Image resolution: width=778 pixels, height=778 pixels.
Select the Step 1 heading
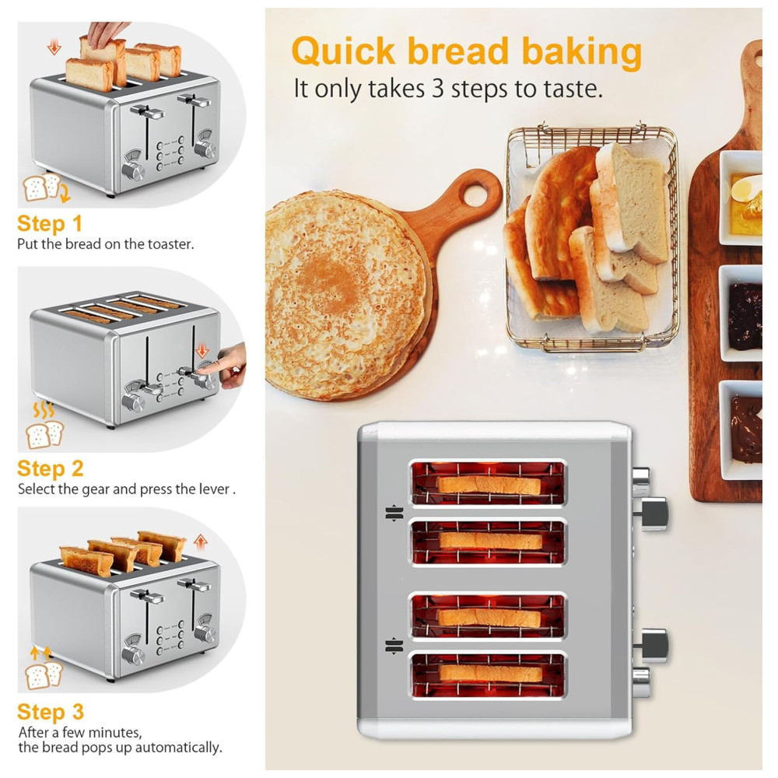pos(50,224)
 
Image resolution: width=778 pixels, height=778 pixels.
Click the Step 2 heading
pos(50,468)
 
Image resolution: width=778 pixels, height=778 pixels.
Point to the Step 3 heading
pos(50,712)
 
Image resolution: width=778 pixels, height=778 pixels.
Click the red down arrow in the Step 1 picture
pos(54,47)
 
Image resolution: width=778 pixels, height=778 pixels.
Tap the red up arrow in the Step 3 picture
pos(200,541)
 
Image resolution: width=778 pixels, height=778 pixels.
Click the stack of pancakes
pos(346,293)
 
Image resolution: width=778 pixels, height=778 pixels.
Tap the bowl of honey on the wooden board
pos(741,198)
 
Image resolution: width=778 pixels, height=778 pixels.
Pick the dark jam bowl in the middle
pos(741,313)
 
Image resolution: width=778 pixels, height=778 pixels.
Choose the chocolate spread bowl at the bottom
pos(741,429)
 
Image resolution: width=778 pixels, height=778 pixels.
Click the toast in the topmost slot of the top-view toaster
pos(489,484)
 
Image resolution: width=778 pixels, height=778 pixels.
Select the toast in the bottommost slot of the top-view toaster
pos(490,673)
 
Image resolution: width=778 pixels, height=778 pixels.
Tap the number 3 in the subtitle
pos(437,89)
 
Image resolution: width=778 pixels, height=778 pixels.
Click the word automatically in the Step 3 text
pos(178,747)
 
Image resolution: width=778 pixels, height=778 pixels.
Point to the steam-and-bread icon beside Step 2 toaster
pos(44,426)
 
